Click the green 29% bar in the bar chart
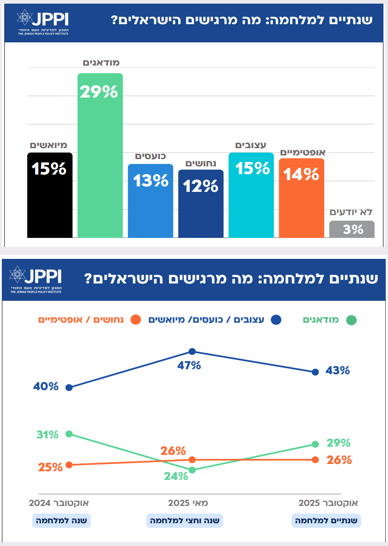pyautogui.click(x=100, y=155)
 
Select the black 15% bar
pyautogui.click(x=50, y=195)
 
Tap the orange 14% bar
pyautogui.click(x=301, y=198)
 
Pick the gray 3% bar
pyautogui.click(x=352, y=229)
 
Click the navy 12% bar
pyautogui.click(x=201, y=203)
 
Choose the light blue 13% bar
pyautogui.click(x=150, y=201)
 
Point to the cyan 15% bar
pyautogui.click(x=251, y=195)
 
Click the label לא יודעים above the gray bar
pyautogui.click(x=351, y=212)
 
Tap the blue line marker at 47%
pyautogui.click(x=192, y=351)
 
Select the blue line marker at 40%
pyautogui.click(x=69, y=388)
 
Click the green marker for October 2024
pyautogui.click(x=69, y=434)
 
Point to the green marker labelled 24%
pyautogui.click(x=192, y=470)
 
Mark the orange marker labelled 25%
pyautogui.click(x=69, y=465)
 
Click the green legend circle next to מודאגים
pyautogui.click(x=351, y=320)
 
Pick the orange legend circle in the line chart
pyautogui.click(x=136, y=320)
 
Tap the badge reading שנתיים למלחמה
pyautogui.click(x=326, y=520)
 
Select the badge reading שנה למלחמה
pyautogui.click(x=61, y=520)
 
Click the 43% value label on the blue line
pyautogui.click(x=337, y=371)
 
